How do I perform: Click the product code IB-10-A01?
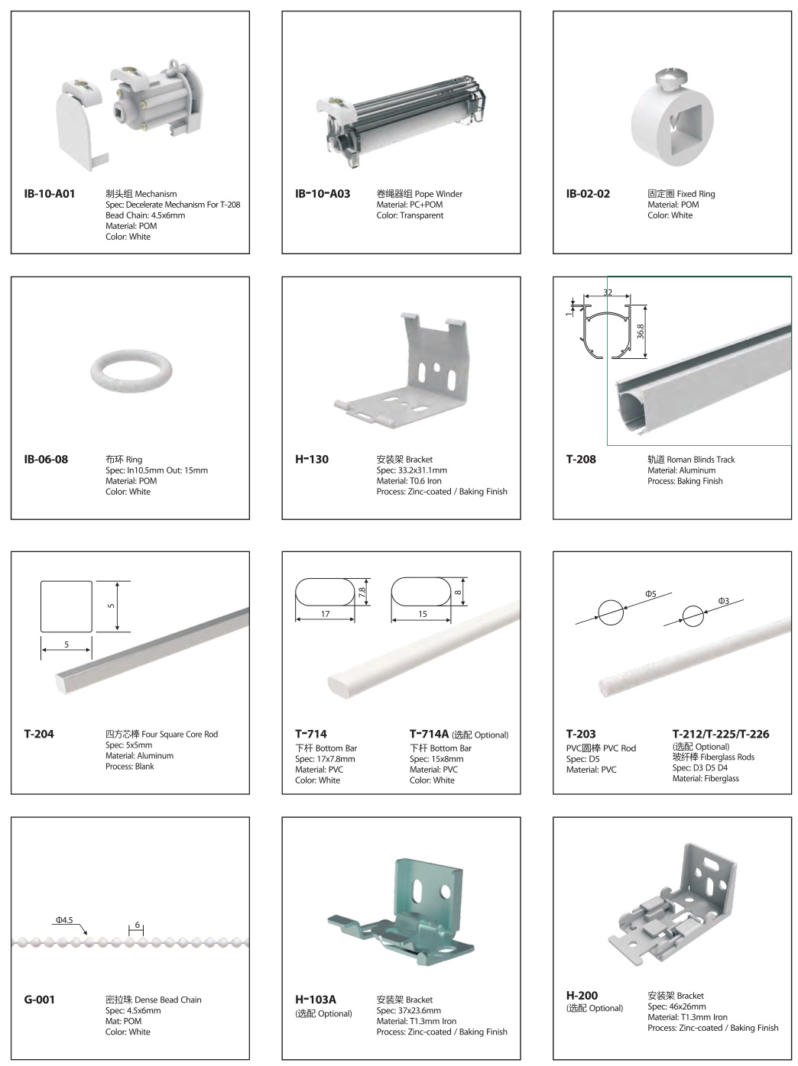[50, 194]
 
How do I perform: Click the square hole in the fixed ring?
[686, 128]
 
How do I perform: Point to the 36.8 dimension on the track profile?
[641, 331]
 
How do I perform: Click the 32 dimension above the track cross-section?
[608, 292]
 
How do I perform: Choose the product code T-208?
[581, 460]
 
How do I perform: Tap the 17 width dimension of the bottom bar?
[325, 614]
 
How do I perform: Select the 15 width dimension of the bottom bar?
[423, 614]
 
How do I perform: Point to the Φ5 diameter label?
[650, 593]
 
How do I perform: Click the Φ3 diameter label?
[724, 601]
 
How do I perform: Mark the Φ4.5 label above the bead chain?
[64, 920]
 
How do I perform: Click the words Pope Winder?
[439, 194]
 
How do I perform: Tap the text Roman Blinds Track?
[701, 460]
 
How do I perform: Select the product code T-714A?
[429, 735]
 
